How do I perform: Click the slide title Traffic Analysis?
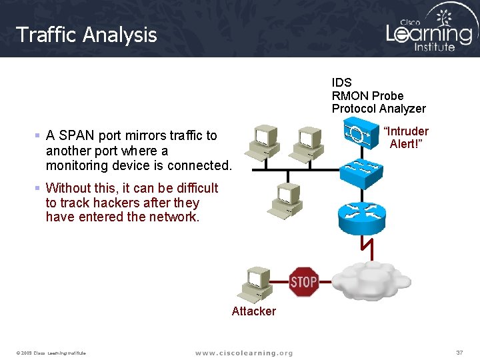pyautogui.click(x=86, y=35)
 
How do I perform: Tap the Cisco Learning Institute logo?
pyautogui.click(x=429, y=30)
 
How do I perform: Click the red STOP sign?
pyautogui.click(x=303, y=282)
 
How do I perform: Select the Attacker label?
pyautogui.click(x=253, y=311)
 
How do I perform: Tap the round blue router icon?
pyautogui.click(x=362, y=212)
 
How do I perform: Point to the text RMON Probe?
pyautogui.click(x=367, y=96)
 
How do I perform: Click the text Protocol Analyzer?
pyautogui.click(x=379, y=109)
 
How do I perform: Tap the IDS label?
pyautogui.click(x=341, y=83)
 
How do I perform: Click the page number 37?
pyautogui.click(x=459, y=352)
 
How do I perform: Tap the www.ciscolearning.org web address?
pyautogui.click(x=244, y=353)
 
